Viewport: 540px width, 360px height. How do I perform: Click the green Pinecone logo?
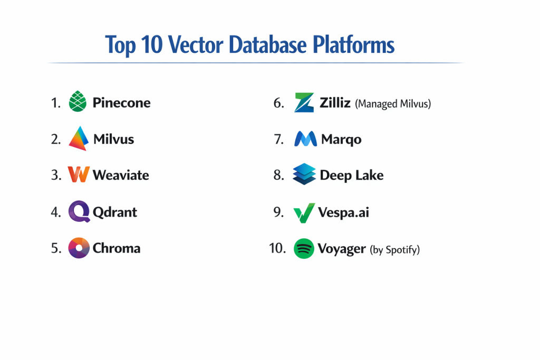78,102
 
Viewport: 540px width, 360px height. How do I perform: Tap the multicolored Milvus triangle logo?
78,139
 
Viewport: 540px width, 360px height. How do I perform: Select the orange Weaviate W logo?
79,174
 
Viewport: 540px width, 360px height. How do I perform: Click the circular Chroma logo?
79,248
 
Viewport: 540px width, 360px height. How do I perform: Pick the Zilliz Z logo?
304,102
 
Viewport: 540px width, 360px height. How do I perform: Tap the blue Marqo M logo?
305,139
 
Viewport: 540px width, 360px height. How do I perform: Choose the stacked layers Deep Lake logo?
304,174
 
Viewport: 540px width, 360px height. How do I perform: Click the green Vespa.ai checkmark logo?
304,212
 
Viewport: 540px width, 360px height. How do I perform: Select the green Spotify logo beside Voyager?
304,248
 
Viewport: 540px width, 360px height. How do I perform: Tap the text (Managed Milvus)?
393,104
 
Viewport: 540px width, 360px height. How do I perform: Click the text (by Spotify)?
394,249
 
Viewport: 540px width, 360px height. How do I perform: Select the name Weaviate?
121,175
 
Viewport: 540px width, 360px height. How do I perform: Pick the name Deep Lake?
351,176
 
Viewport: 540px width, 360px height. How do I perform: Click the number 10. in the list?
277,248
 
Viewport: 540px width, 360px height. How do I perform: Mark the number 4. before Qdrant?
56,212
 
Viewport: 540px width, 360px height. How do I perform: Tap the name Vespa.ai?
343,213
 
